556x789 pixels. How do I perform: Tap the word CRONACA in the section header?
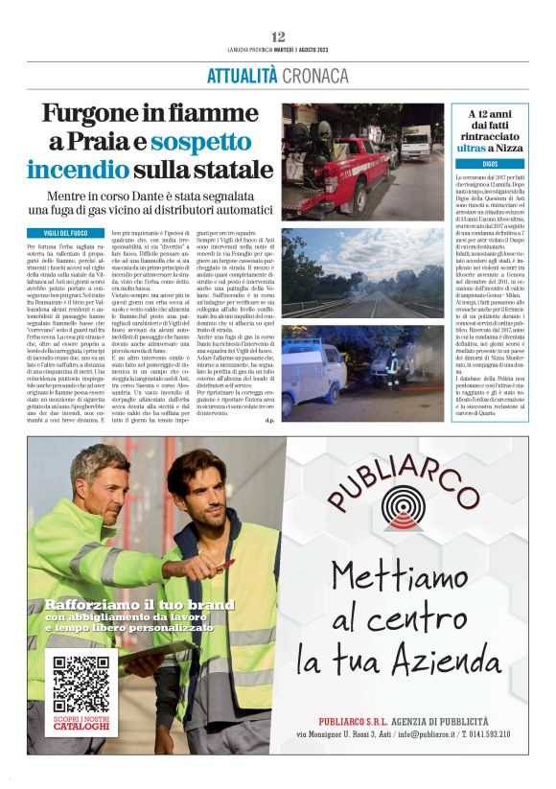315,76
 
